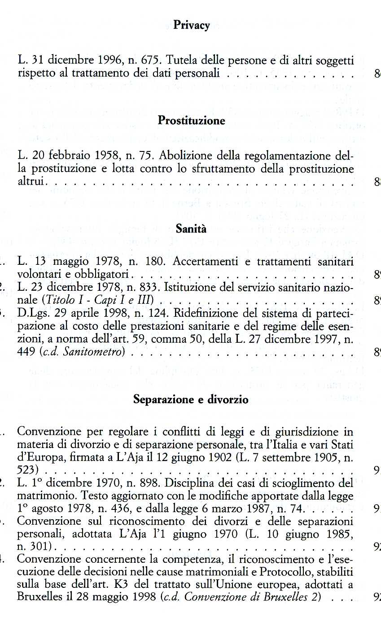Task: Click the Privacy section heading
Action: [x=192, y=26]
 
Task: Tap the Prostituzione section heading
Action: [x=191, y=121]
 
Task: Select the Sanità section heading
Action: [x=191, y=229]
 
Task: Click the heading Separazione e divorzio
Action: [x=191, y=400]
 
